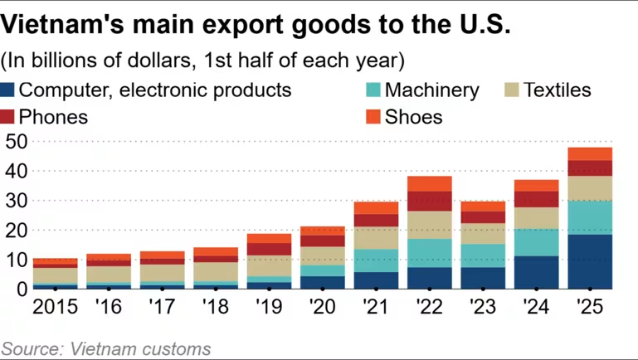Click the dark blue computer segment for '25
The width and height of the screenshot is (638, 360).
[590, 261]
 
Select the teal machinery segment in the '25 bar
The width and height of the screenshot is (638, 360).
[590, 217]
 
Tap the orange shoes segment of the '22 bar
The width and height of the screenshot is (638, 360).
[429, 183]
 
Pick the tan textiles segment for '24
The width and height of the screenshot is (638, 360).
[536, 217]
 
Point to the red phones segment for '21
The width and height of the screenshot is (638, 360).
[376, 220]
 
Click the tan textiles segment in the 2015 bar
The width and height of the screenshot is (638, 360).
[55, 275]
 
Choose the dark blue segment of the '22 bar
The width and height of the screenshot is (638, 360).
[429, 277]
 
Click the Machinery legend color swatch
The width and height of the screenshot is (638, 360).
[373, 90]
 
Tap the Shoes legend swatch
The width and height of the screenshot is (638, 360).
[373, 117]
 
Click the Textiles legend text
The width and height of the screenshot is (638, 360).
[557, 90]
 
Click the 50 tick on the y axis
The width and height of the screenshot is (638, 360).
[15, 142]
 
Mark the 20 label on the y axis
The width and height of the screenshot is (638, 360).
[15, 230]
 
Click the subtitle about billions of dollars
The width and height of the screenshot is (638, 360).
[203, 61]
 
